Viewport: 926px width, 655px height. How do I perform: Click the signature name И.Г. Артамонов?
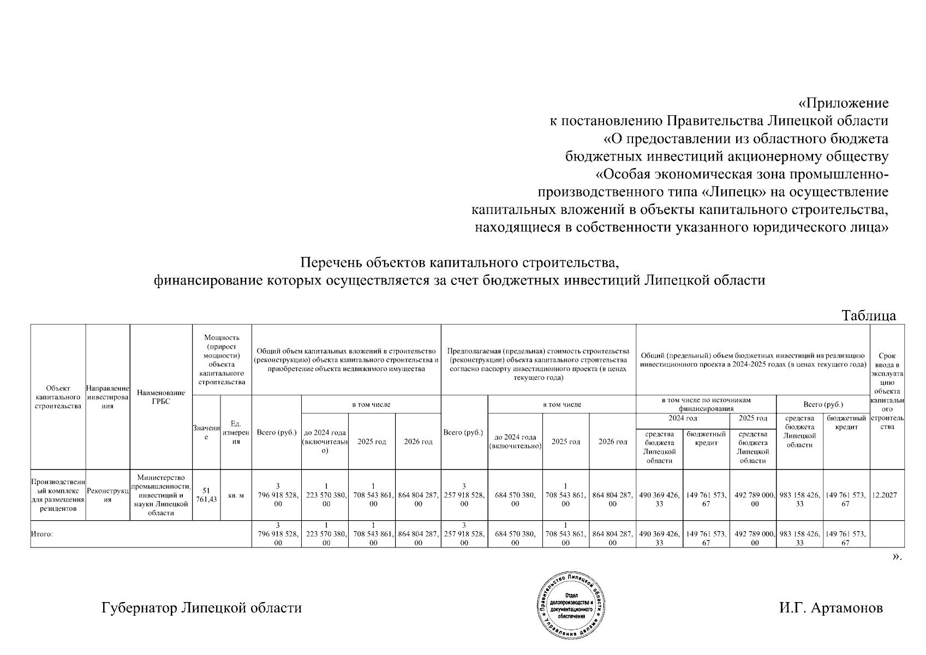831,608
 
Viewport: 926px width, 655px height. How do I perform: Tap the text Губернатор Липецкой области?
201,608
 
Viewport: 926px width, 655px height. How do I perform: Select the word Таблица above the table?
869,315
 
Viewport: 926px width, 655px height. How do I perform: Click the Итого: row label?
42,534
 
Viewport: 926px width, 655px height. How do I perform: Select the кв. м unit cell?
236,496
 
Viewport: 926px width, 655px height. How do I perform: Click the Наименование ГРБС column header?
161,397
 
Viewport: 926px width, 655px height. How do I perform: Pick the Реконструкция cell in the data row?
107,496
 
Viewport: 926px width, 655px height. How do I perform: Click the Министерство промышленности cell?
161,496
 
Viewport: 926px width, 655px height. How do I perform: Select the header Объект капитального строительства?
58,397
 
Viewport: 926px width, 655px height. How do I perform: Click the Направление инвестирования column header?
107,397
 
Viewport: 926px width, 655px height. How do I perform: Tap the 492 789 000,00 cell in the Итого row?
753,534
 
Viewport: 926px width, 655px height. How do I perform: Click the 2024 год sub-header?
683,419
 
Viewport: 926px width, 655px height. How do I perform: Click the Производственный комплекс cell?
58,496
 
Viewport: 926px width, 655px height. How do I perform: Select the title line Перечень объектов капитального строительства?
460,263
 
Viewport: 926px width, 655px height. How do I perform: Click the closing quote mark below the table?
897,557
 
